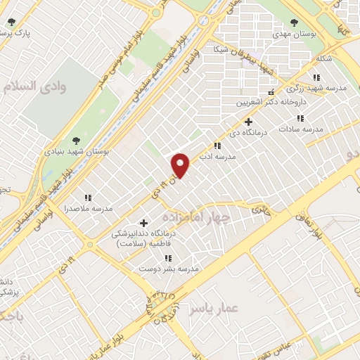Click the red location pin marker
[181, 165]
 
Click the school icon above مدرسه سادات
[300, 117]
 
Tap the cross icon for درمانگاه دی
[248, 121]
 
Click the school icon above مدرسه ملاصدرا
[88, 198]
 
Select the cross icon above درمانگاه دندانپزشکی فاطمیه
[145, 223]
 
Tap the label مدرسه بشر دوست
[169, 269]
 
